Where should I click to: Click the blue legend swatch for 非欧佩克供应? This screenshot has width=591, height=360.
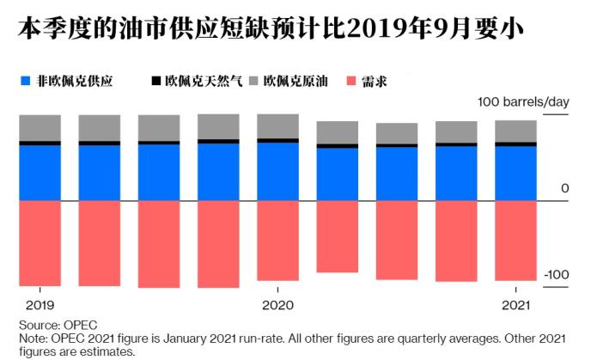pyautogui.click(x=25, y=81)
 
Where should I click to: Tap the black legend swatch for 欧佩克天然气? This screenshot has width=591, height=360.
pyautogui.click(x=155, y=81)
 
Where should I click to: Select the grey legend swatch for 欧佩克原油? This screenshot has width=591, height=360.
pyautogui.click(x=254, y=81)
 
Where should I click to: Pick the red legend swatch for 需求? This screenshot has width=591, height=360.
pyautogui.click(x=351, y=81)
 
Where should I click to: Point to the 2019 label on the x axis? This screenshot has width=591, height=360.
pyautogui.click(x=40, y=305)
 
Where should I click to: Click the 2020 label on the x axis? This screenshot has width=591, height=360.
pyautogui.click(x=277, y=305)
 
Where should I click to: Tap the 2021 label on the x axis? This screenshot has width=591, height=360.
pyautogui.click(x=515, y=305)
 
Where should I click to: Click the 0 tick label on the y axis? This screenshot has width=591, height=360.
pyautogui.click(x=564, y=188)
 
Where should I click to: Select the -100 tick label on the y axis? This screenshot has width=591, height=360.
pyautogui.click(x=557, y=274)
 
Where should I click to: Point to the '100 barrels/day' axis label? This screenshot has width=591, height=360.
pyautogui.click(x=523, y=101)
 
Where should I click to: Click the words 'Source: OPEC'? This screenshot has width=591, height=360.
pyautogui.click(x=58, y=325)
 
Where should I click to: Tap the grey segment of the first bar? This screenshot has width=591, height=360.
pyautogui.click(x=40, y=128)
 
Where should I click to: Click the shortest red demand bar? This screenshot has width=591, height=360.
pyautogui.click(x=338, y=236)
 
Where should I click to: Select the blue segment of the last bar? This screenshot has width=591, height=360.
pyautogui.click(x=515, y=174)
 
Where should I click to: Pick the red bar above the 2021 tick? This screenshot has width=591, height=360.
pyautogui.click(x=515, y=241)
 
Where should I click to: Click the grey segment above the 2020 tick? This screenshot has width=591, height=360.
pyautogui.click(x=277, y=126)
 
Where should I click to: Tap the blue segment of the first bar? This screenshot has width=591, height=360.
pyautogui.click(x=40, y=173)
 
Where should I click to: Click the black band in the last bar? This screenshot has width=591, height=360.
pyautogui.click(x=515, y=144)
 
